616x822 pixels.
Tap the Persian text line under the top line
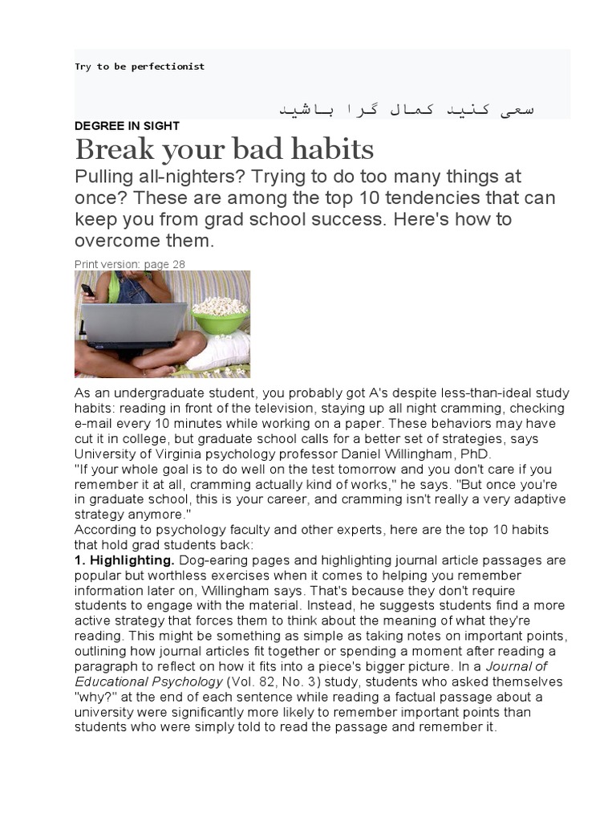click(x=406, y=108)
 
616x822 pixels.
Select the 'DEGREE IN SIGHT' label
click(x=127, y=126)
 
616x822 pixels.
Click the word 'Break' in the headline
click(x=111, y=149)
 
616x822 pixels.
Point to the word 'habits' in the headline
click(x=334, y=149)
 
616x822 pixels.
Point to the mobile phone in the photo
click(x=87, y=290)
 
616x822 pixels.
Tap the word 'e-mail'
click(x=93, y=424)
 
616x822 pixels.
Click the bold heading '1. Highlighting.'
click(x=125, y=560)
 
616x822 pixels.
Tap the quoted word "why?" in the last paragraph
click(x=93, y=697)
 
